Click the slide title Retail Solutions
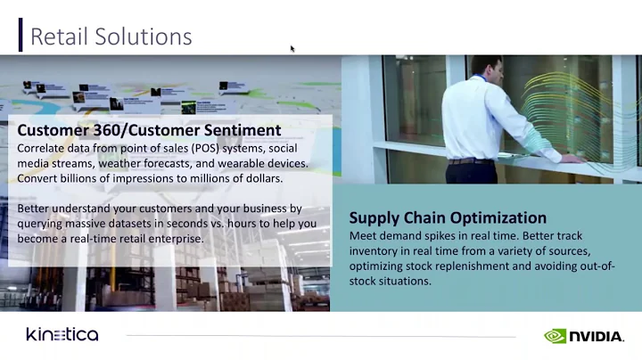(111, 37)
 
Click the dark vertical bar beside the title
(21, 35)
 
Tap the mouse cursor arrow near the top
(292, 49)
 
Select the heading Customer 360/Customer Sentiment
(149, 130)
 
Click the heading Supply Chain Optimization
(447, 217)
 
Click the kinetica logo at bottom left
(62, 335)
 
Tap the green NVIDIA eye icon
(556, 336)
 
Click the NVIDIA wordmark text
(597, 336)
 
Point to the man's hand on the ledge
(571, 159)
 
